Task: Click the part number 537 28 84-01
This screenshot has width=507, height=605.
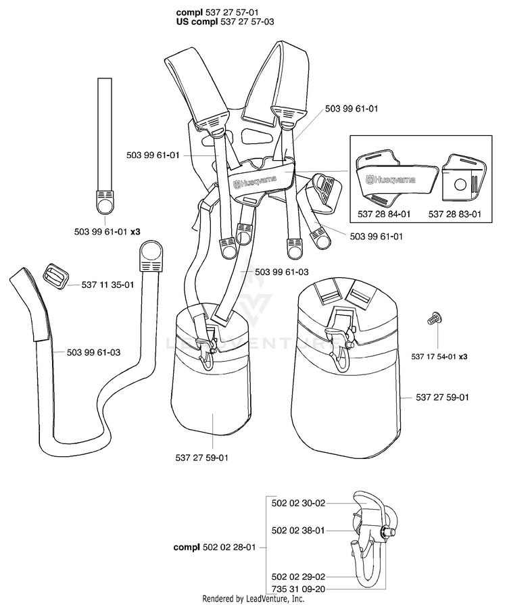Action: (x=383, y=214)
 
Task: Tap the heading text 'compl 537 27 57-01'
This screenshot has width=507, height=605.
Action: (x=216, y=12)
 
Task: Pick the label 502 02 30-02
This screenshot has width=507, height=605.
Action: (x=298, y=503)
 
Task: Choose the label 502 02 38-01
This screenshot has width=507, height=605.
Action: (x=298, y=531)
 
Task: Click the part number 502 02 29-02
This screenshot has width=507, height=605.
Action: (x=298, y=576)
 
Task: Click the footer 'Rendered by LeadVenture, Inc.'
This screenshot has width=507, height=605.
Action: (x=254, y=599)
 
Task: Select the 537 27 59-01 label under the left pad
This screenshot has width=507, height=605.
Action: (x=201, y=458)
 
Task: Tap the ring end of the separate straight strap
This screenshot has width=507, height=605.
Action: (x=104, y=201)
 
